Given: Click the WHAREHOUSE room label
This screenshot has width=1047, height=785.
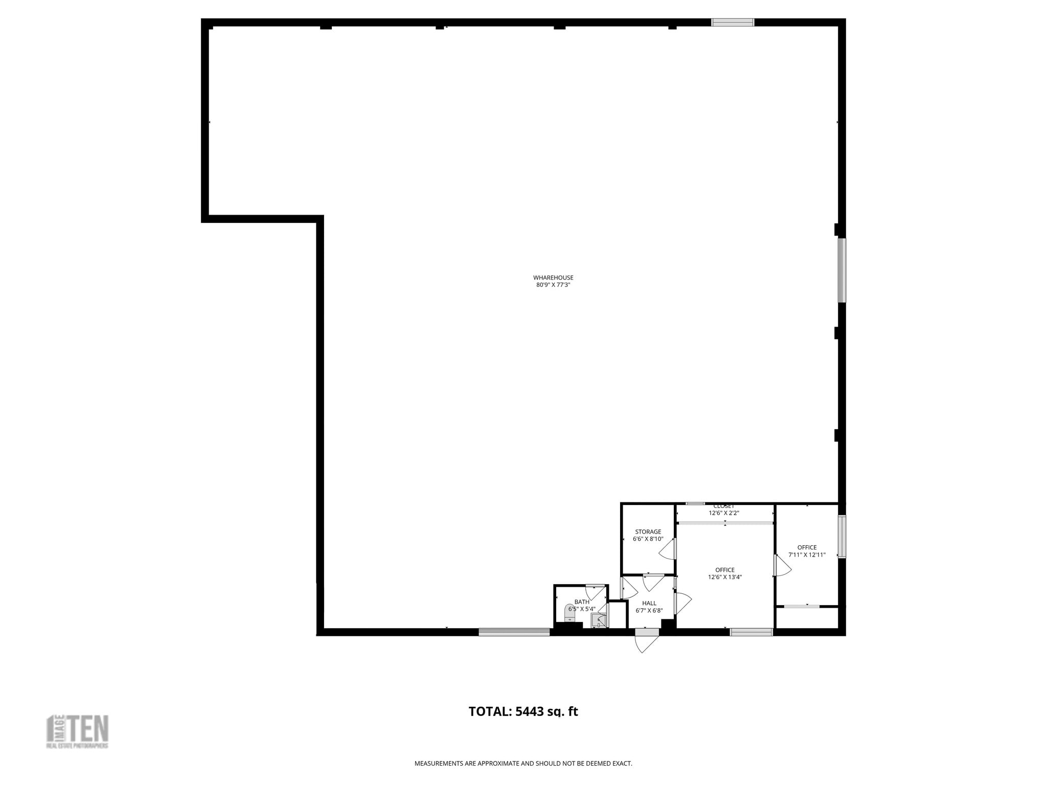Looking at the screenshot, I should [553, 278].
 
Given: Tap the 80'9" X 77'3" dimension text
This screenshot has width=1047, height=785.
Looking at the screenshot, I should [553, 285].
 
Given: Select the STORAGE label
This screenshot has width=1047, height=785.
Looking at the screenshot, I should [648, 532].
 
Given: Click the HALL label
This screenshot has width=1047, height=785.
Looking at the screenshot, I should [649, 603].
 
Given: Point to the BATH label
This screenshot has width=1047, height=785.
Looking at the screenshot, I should [581, 602].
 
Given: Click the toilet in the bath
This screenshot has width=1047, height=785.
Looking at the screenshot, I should [570, 612].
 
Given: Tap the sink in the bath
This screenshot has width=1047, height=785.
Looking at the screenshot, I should [598, 620].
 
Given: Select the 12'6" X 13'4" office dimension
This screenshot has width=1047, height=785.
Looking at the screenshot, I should [724, 578].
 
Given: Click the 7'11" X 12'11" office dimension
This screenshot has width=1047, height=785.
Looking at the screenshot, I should [807, 555].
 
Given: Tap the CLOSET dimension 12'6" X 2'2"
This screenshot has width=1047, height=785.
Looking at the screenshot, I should [723, 513].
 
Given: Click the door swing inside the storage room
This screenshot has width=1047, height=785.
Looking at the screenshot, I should [668, 550].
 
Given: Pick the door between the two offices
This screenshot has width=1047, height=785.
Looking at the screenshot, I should [782, 566].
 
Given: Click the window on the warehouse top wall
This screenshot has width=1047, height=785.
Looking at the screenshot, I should [733, 22].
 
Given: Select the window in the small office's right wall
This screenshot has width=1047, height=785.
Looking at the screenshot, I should [841, 536].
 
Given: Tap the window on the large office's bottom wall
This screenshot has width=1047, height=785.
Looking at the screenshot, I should [751, 632].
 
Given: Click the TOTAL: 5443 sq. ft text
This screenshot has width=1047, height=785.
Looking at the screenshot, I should [523, 711].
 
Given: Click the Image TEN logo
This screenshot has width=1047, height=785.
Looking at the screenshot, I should [78, 731].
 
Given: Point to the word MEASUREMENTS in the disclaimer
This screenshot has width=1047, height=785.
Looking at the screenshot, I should [439, 764].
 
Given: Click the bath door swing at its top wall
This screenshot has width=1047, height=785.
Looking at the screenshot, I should [595, 592].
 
